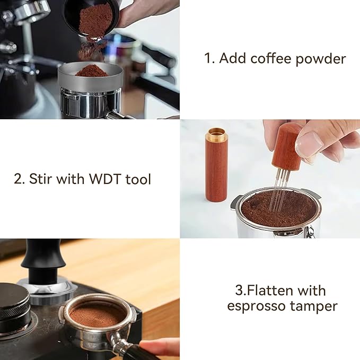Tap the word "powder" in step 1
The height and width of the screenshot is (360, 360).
click(321, 58)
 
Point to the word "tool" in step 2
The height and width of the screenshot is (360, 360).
click(138, 179)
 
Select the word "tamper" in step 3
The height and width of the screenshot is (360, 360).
click(317, 306)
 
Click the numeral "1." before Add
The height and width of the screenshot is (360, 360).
click(209, 58)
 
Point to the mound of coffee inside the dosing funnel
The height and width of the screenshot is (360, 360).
click(91, 70)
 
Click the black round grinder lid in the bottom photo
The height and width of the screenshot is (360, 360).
click(13, 302)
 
